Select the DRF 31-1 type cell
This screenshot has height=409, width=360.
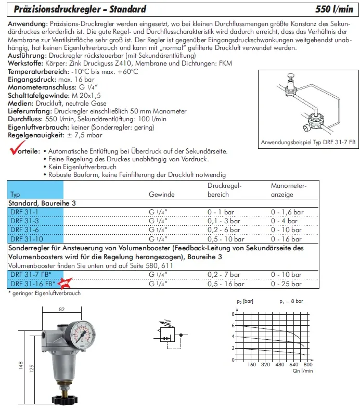pos(21,212)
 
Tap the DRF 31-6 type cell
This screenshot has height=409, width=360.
pos(21,229)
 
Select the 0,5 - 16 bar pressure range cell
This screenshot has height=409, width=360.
pos(226,284)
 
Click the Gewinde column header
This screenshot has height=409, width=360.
pos(161,195)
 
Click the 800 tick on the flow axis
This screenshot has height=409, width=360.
pos(307,365)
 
